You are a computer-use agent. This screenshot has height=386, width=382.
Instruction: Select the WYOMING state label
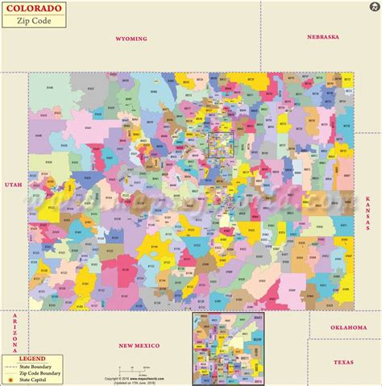tap(131, 38)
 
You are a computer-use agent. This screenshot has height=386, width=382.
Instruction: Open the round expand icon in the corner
tap(372, 9)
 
